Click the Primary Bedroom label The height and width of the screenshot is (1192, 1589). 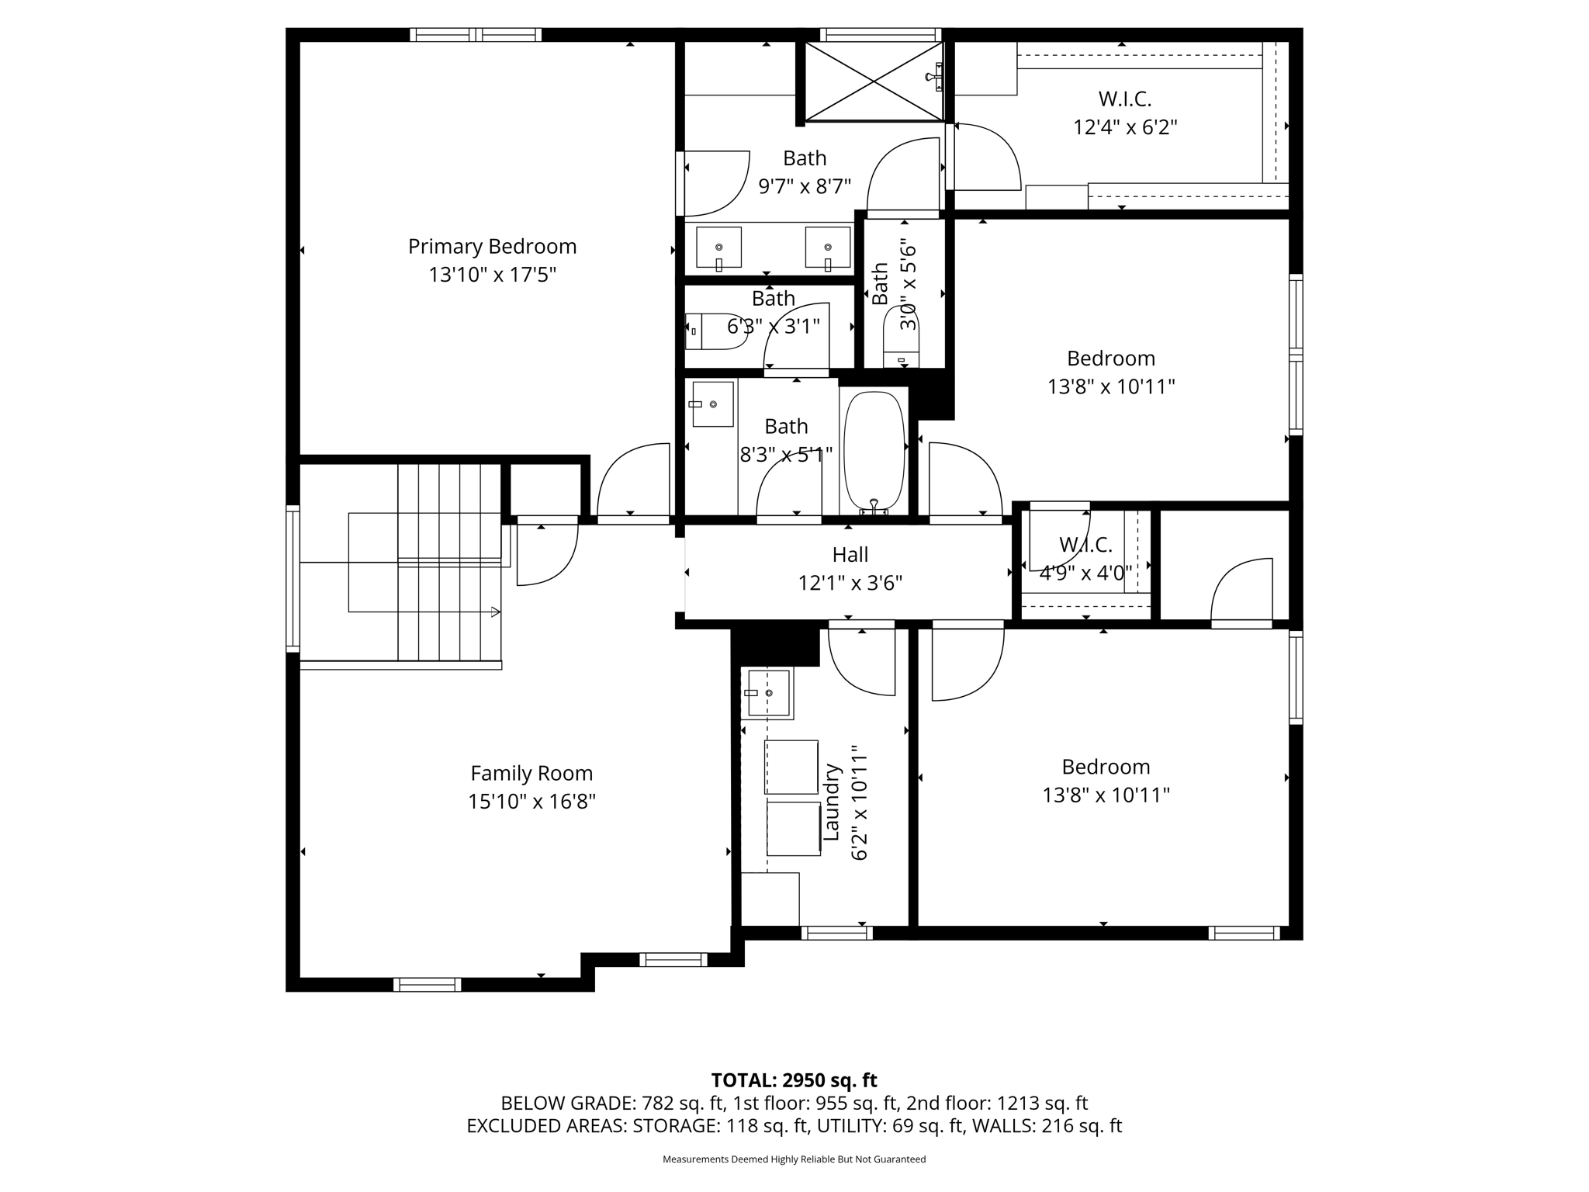[x=492, y=247]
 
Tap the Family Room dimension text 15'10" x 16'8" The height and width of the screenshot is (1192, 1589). [x=531, y=802]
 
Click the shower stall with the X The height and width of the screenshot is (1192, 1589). [x=874, y=81]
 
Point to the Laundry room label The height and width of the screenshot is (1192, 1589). [x=832, y=802]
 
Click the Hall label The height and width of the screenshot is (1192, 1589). [x=850, y=555]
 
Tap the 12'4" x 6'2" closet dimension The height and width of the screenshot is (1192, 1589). [x=1125, y=127]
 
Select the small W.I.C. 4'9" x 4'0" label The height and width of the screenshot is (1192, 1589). [x=1085, y=546]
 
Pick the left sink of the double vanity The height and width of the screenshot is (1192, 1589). [x=718, y=248]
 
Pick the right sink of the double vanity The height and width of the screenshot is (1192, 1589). [x=827, y=248]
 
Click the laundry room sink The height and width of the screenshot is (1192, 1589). [x=767, y=692]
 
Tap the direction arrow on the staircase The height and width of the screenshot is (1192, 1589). [x=493, y=612]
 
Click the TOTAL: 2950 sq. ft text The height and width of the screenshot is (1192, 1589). [x=794, y=1080]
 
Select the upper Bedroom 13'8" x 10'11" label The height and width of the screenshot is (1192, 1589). [x=1110, y=359]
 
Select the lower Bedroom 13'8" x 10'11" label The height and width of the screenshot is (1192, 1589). [x=1106, y=767]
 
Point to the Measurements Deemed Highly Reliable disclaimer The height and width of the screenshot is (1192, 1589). [x=794, y=1159]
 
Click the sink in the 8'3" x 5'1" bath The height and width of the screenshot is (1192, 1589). [x=712, y=404]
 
